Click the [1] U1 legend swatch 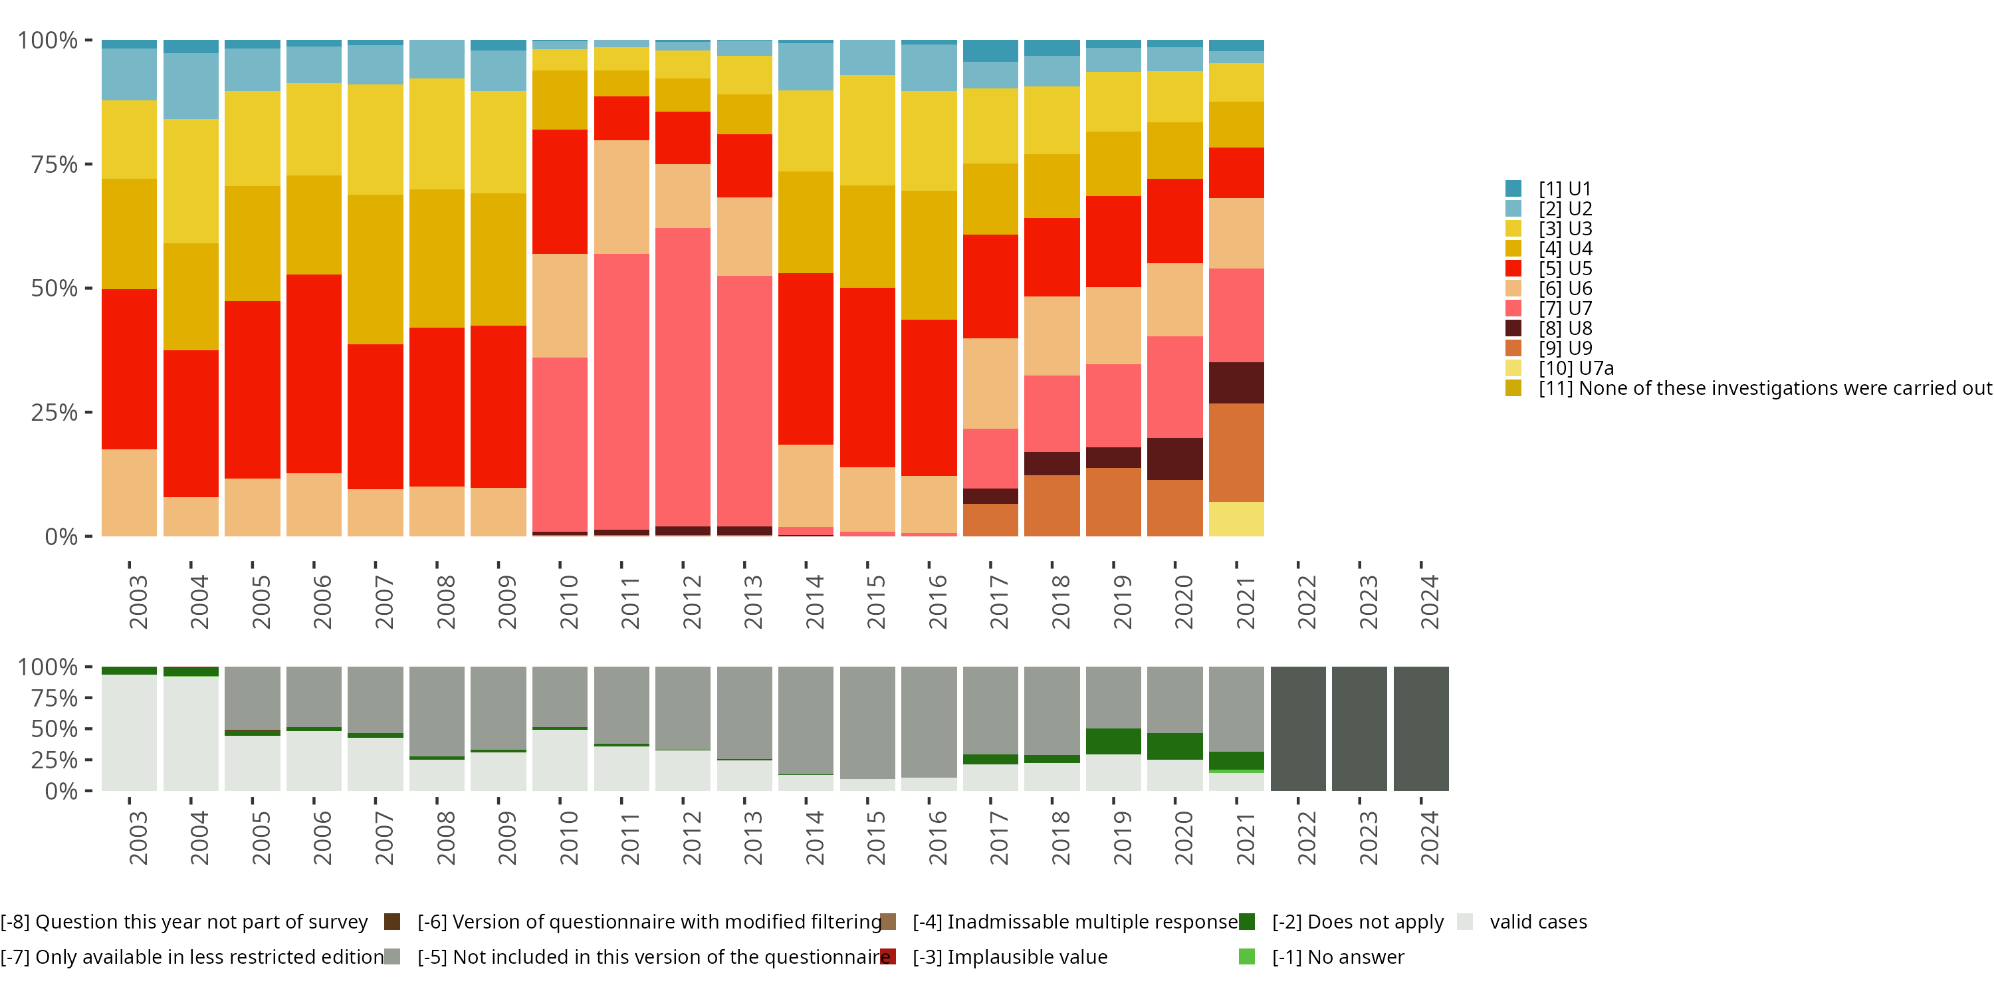coord(1513,189)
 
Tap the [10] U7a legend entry coord(1575,368)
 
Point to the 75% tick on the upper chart coord(55,164)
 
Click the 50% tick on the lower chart coord(55,729)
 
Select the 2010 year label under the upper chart coord(569,602)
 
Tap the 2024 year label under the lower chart coord(1429,838)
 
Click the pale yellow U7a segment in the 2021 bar coord(1236,518)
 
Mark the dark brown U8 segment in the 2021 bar coord(1236,382)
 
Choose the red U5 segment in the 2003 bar coord(129,370)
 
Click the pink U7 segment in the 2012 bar coord(683,377)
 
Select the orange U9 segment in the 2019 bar coord(1113,502)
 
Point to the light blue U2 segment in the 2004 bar coord(190,86)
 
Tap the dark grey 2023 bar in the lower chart coord(1359,728)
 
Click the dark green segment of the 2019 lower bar coord(1113,742)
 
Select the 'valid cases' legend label coord(1538,922)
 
